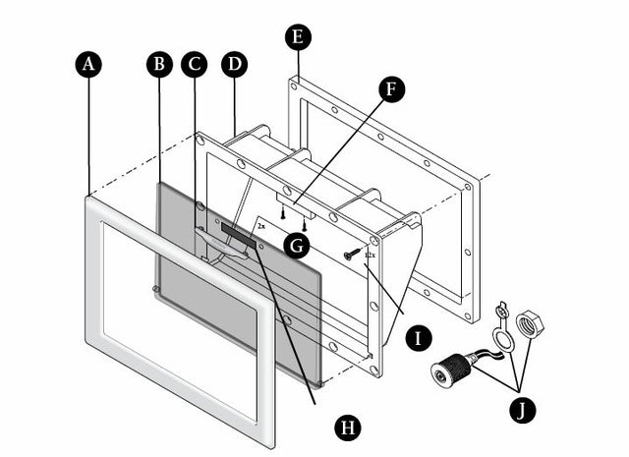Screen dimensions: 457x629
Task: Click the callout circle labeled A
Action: pyautogui.click(x=88, y=64)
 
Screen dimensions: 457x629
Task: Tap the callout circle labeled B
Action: pyautogui.click(x=158, y=64)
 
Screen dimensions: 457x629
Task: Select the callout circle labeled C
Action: pyautogui.click(x=194, y=64)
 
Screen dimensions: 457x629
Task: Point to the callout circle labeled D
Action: pyautogui.click(x=234, y=64)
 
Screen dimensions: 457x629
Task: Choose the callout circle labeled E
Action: pyautogui.click(x=298, y=37)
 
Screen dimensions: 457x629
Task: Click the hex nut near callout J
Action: pyautogui.click(x=530, y=321)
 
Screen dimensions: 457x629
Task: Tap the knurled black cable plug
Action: pyautogui.click(x=453, y=371)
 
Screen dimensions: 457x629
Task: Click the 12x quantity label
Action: pyautogui.click(x=370, y=256)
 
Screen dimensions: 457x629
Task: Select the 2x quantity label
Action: pyautogui.click(x=260, y=225)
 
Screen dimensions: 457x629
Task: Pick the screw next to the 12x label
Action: pyautogui.click(x=351, y=255)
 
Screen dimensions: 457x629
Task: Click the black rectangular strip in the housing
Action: pyautogui.click(x=238, y=235)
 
